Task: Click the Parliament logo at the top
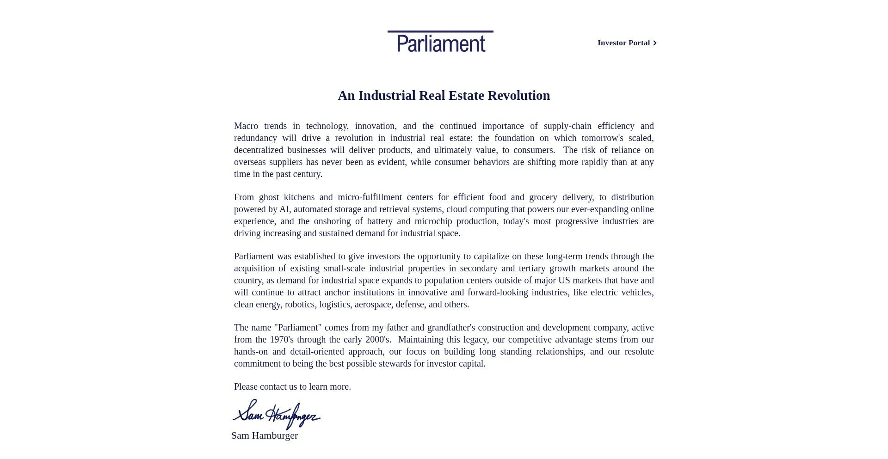(x=440, y=42)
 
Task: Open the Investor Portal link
(x=623, y=43)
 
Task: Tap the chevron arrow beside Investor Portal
(x=655, y=43)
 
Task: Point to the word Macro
(x=246, y=126)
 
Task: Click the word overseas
(x=250, y=162)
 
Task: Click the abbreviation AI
(x=284, y=209)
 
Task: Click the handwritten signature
(x=277, y=415)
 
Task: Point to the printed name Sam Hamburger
(x=265, y=436)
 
